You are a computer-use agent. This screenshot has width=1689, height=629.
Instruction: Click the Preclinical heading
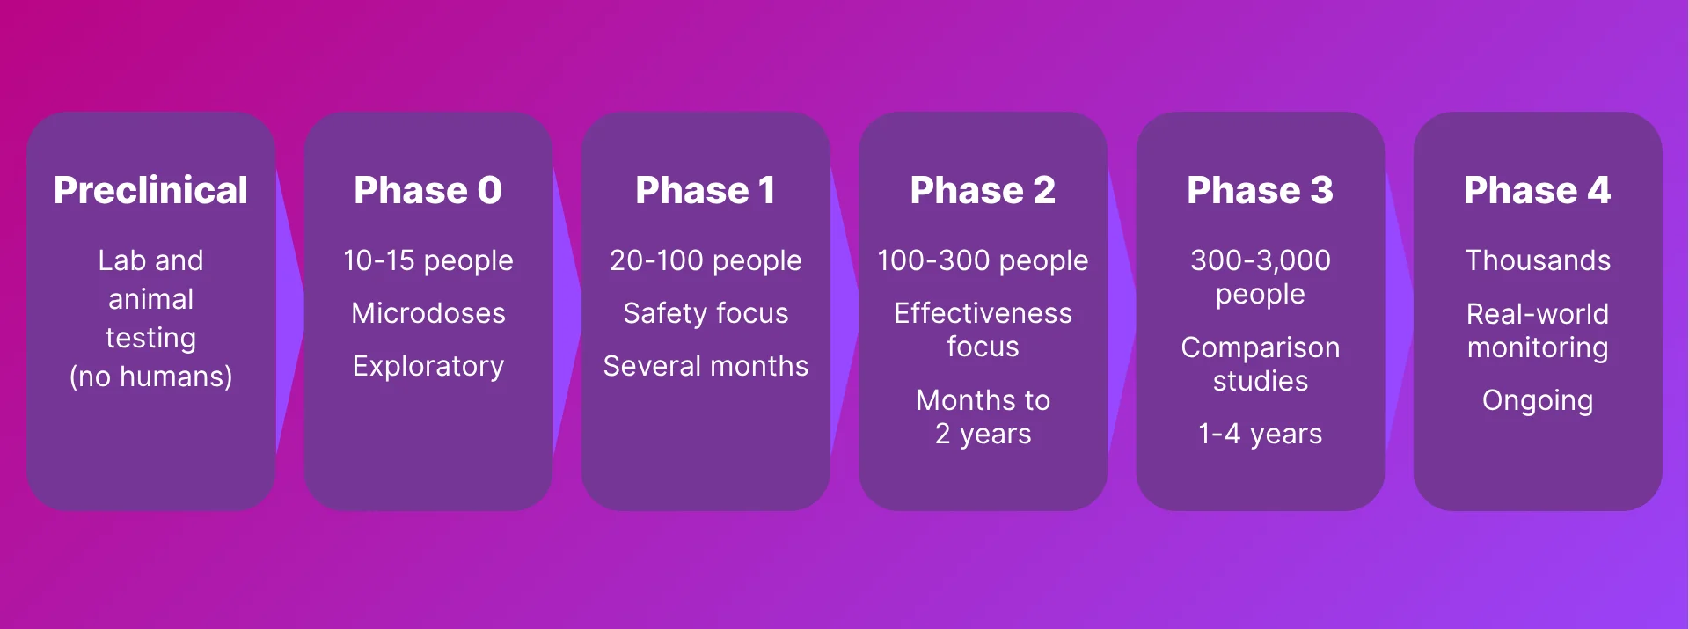coord(150,190)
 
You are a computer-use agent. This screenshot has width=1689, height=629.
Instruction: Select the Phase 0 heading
coord(428,190)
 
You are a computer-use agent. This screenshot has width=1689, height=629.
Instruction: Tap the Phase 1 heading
coord(706,190)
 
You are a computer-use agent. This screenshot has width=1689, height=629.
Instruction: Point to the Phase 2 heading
coord(983,190)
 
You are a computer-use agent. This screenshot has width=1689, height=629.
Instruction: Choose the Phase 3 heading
coord(1260,190)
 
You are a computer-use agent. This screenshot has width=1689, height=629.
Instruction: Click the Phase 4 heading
coord(1537,190)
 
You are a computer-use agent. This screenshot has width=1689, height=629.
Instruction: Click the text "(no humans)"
coord(150,377)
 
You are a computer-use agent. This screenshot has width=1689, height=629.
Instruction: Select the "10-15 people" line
coord(428,261)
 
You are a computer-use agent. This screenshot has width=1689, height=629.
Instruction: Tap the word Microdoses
coord(428,313)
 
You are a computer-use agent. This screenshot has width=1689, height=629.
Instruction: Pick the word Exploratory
coord(428,367)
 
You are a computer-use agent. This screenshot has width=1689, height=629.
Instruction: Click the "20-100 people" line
coord(706,261)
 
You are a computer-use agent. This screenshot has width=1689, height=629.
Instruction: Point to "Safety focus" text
coord(706,313)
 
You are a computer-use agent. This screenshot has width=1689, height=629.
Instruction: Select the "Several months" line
coord(706,366)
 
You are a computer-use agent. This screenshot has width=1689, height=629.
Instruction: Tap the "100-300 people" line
coord(983,261)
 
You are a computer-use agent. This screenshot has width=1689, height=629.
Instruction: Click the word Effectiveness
coord(983,313)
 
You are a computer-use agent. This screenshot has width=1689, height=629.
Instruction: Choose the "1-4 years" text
coord(1260,435)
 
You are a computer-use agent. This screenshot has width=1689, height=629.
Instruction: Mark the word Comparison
coord(1260,348)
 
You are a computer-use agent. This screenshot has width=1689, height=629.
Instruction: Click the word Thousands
coord(1538,260)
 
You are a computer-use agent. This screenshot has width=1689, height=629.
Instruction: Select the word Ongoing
coord(1538,401)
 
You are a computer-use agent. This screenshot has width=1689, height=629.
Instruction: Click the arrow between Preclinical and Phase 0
coord(289,311)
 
